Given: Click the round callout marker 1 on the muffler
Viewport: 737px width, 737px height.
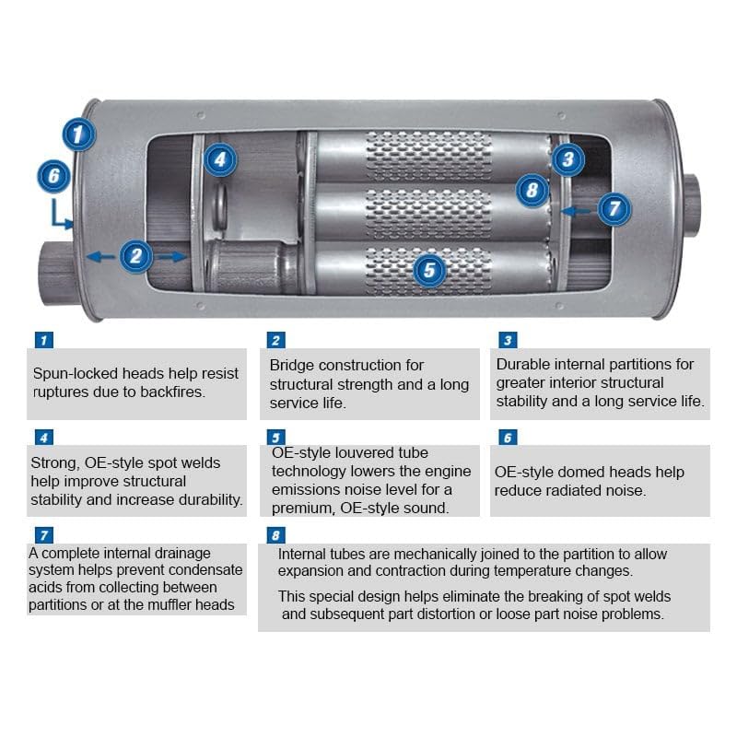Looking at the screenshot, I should [79, 134].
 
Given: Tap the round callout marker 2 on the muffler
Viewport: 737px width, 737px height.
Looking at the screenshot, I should [136, 255].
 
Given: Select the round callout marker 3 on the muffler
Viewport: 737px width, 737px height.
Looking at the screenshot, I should [568, 159].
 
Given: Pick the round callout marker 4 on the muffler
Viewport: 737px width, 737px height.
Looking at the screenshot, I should [219, 159].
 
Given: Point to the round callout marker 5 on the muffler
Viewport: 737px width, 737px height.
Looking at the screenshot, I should [430, 269].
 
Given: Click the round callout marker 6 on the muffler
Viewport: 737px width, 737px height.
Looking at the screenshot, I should [54, 175].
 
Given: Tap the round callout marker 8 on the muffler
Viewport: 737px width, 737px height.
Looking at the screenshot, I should [532, 191].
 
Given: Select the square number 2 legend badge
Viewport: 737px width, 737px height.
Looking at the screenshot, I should [275, 340].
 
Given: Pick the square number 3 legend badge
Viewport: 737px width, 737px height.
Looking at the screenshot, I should [507, 340].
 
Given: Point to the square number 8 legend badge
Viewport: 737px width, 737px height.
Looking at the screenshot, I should [275, 535].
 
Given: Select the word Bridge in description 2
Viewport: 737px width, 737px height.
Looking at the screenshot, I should [291, 366].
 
